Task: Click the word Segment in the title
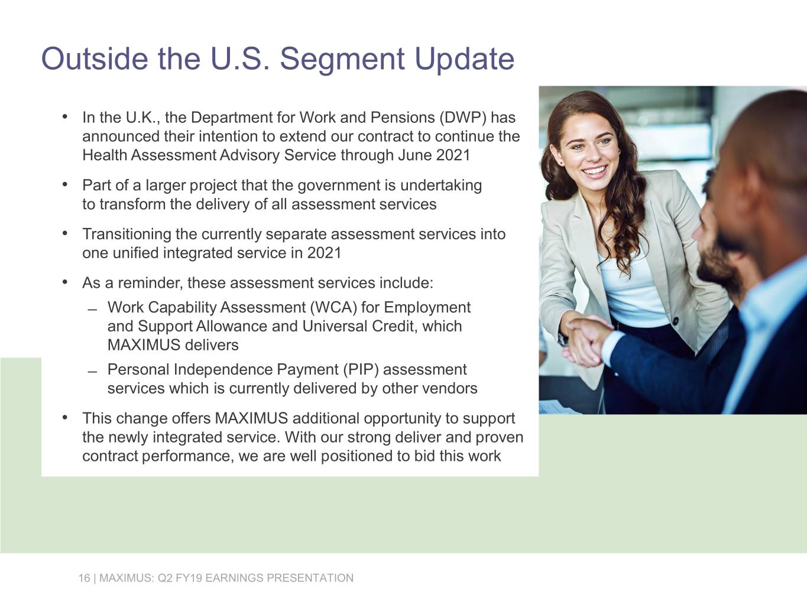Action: tap(341, 58)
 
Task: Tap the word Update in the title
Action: tap(464, 58)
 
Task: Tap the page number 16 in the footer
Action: tap(84, 578)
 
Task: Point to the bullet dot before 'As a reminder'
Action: tap(65, 282)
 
